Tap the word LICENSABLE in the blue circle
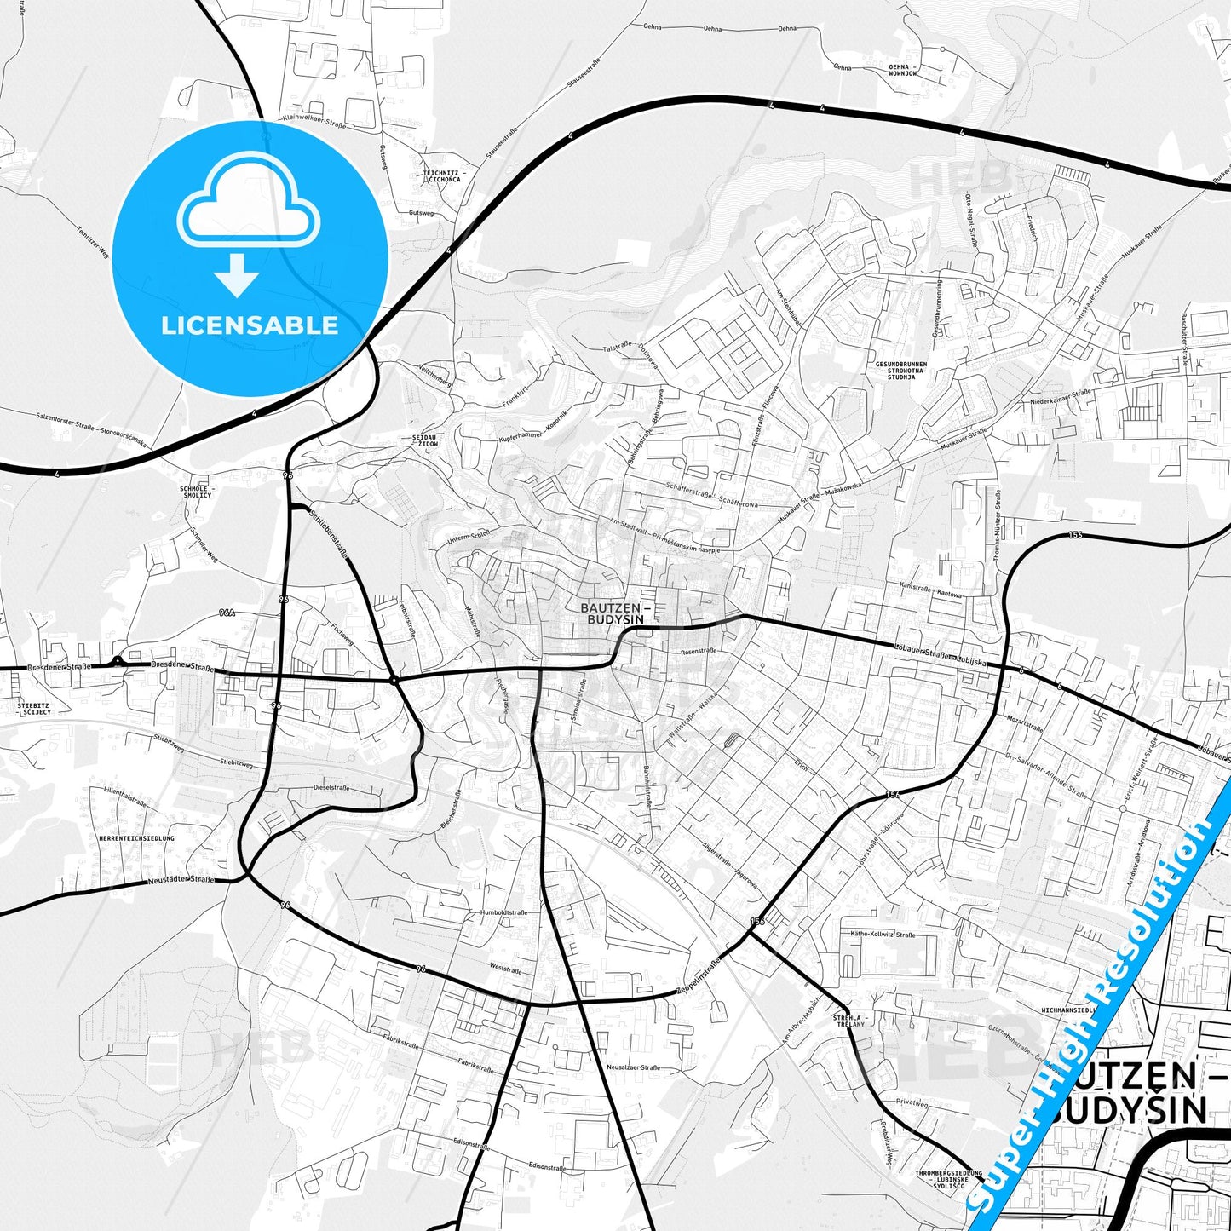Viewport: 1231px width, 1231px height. pos(250,325)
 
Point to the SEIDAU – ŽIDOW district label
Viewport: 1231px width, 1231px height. pos(424,440)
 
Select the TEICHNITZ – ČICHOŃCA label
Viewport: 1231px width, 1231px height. pos(441,176)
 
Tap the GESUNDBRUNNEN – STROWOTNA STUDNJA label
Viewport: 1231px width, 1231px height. pos(901,370)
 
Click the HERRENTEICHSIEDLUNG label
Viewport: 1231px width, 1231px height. pos(136,838)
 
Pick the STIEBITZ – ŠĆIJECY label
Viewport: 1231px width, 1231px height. pos(34,708)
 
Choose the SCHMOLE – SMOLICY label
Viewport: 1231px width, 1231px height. pos(196,492)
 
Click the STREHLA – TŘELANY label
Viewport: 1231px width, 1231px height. pos(850,1021)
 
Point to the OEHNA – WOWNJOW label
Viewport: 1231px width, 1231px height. pos(903,70)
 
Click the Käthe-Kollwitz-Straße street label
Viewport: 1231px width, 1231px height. pos(883,935)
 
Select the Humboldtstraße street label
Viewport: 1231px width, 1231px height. pos(504,912)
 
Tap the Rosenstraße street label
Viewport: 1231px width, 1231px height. pos(699,651)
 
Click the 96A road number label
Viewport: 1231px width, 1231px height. pos(226,613)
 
